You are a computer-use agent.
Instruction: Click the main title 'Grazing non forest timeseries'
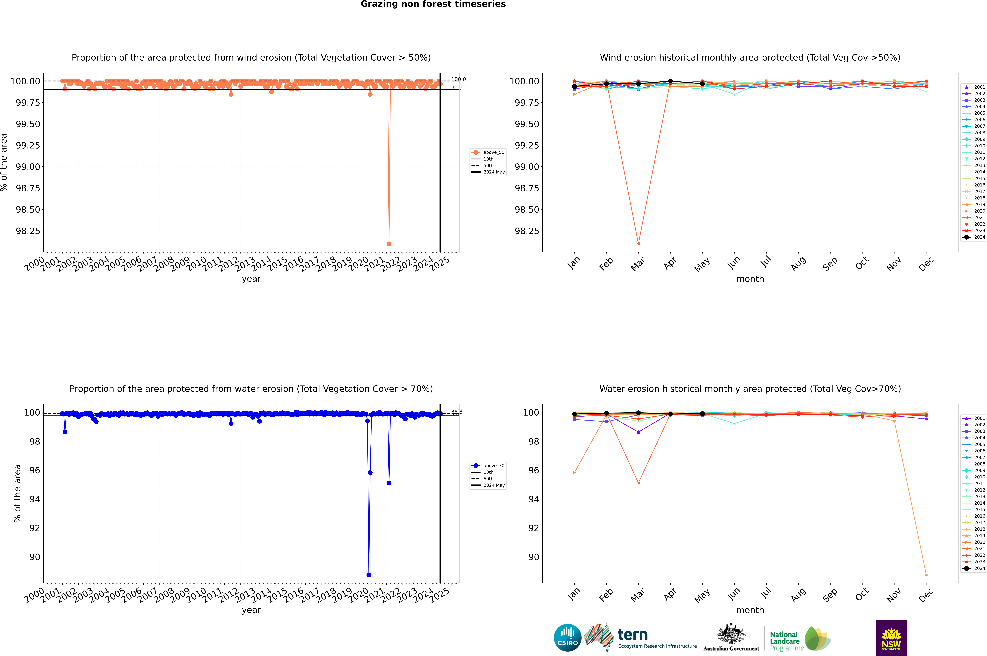(x=433, y=4)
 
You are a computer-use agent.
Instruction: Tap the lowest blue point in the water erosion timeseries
(x=369, y=575)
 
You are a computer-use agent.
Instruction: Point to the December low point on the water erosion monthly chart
(x=926, y=575)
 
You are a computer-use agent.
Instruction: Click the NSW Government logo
(x=891, y=638)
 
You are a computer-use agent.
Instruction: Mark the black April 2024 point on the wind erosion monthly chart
(x=670, y=81)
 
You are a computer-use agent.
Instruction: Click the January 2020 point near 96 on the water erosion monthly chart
(x=574, y=473)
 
